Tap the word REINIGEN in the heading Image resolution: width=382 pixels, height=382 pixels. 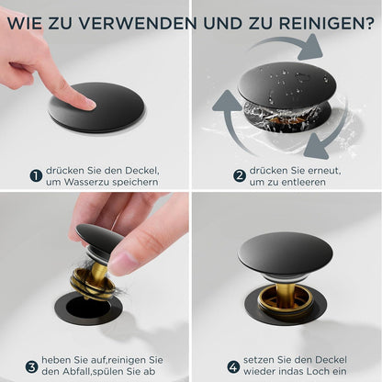(322, 23)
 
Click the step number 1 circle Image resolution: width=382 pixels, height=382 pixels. (36, 176)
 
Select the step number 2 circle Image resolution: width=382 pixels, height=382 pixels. (240, 176)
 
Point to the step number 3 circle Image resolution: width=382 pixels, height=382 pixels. (31, 366)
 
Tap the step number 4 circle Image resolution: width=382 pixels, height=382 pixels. (233, 366)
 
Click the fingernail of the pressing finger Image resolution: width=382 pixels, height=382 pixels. (90, 104)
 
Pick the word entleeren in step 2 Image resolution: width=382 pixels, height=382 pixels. (303, 183)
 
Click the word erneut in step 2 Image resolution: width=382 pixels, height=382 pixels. (323, 171)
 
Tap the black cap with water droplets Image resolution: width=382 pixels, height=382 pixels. (286, 84)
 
